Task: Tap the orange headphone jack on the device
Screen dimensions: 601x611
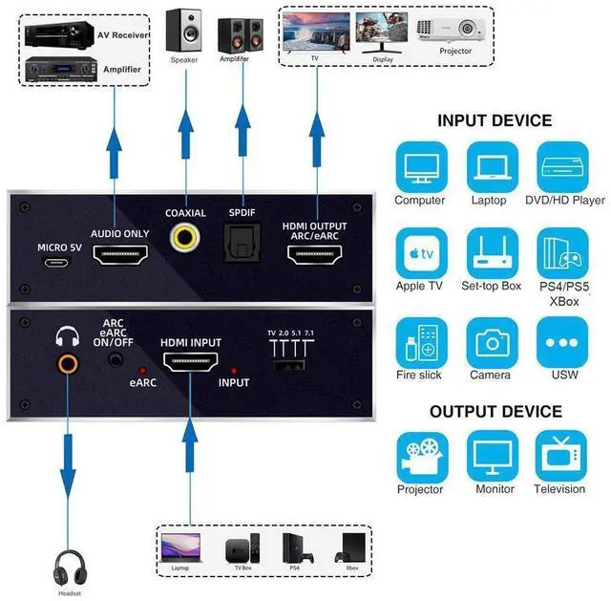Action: click(67, 362)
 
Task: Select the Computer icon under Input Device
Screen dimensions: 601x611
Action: click(420, 167)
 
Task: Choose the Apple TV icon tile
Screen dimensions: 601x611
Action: click(420, 254)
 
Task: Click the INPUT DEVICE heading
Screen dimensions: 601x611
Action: click(495, 121)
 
